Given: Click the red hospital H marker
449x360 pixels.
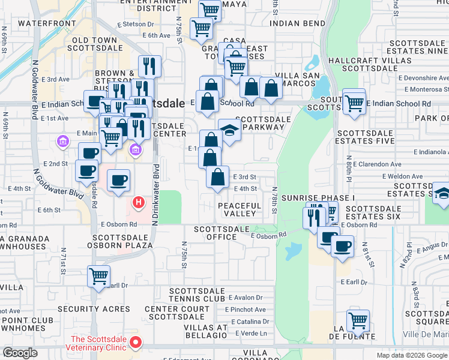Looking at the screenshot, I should click(139, 203).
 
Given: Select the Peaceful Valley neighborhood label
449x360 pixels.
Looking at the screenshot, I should click(240, 210).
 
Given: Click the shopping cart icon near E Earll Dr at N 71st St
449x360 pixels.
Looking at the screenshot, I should click(98, 277).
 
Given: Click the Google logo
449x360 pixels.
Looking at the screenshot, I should click(20, 353).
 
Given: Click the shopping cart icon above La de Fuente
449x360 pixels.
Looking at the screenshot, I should click(358, 320).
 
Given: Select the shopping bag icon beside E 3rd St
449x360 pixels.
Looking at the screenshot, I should click(218, 178).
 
